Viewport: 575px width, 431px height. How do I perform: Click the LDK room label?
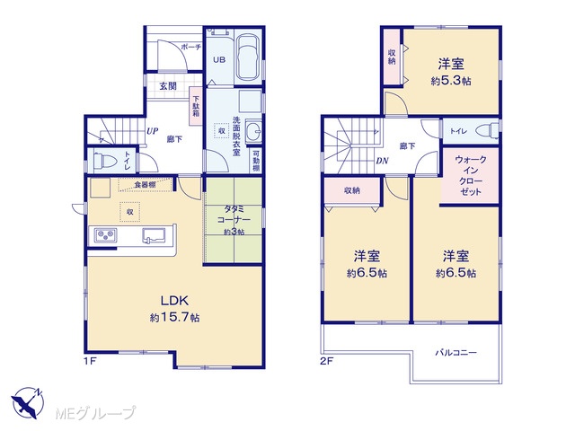pyautogui.click(x=174, y=301)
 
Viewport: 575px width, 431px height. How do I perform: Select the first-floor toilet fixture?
pyautogui.click(x=104, y=161)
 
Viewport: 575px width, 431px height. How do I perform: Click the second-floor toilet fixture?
pyautogui.click(x=487, y=130)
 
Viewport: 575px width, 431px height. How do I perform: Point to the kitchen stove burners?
pyautogui.click(x=106, y=235)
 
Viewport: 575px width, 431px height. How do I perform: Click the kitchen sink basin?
pyautogui.click(x=154, y=235)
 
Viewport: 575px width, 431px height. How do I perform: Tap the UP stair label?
pyautogui.click(x=152, y=131)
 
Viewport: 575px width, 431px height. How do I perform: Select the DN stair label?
pyautogui.click(x=382, y=161)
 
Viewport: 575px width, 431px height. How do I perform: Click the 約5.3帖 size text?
pyautogui.click(x=451, y=81)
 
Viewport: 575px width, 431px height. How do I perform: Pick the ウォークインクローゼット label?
pyautogui.click(x=470, y=176)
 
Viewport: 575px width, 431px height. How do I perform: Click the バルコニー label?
pyautogui.click(x=456, y=353)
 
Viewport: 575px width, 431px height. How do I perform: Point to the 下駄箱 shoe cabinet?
pyautogui.click(x=196, y=106)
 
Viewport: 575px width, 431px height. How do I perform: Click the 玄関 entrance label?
pyautogui.click(x=168, y=86)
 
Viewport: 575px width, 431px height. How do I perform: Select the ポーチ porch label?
pyautogui.click(x=190, y=47)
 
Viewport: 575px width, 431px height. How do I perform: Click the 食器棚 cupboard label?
pyautogui.click(x=145, y=185)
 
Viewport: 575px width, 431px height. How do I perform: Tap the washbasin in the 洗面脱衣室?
pyautogui.click(x=252, y=129)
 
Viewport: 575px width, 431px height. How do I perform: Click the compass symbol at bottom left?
pyautogui.click(x=28, y=403)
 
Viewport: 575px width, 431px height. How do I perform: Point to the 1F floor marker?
pyautogui.click(x=90, y=361)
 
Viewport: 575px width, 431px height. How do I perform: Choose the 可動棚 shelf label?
pyautogui.click(x=255, y=160)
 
